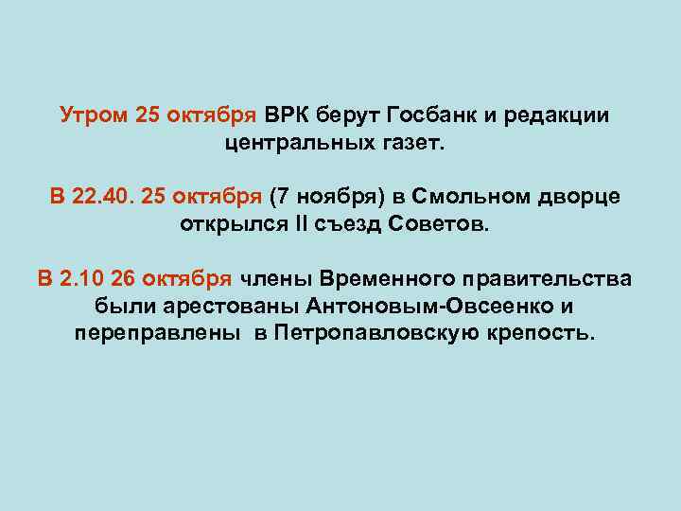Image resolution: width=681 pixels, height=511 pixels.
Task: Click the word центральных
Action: point(301,146)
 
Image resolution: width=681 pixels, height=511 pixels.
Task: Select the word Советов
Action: point(449,227)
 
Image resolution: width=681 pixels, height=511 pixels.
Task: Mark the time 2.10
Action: point(82,278)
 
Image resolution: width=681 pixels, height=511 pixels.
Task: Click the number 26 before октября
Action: point(123,278)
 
